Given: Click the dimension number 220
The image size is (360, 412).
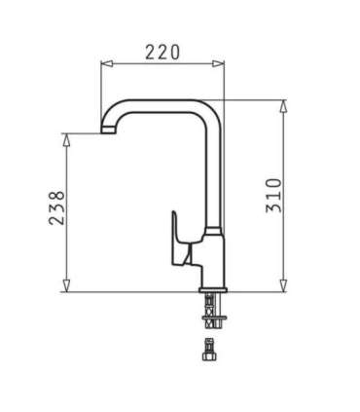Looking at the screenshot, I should [x=162, y=53].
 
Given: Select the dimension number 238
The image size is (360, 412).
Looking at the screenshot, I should [x=55, y=208].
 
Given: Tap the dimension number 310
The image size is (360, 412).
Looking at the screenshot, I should [x=273, y=195].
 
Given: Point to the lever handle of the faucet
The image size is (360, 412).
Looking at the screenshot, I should [x=178, y=238].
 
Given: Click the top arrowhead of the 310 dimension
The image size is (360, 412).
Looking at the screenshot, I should [x=284, y=104].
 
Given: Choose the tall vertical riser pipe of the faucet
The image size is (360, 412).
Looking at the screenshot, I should [x=216, y=175].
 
